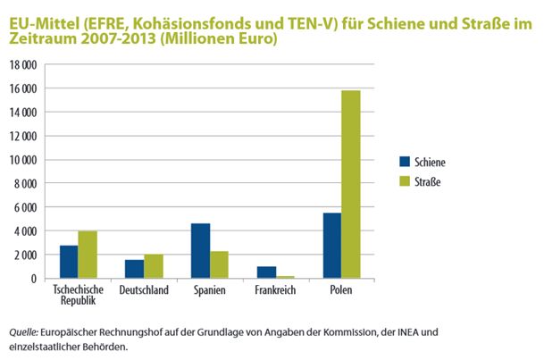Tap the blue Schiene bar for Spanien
[199, 251]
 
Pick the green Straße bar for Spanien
[219, 264]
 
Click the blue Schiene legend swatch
[405, 162]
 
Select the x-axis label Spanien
[209, 290]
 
